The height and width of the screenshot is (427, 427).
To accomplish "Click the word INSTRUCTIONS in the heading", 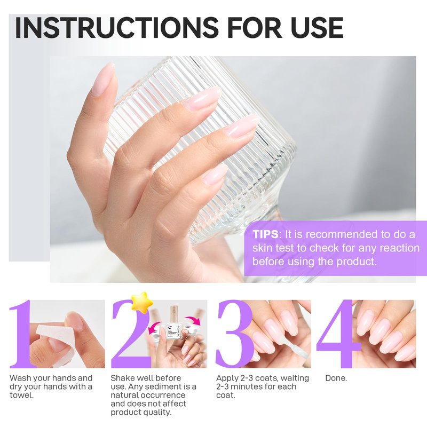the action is tap(116, 28).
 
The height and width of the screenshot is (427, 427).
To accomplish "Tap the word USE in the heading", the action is tap(317, 28).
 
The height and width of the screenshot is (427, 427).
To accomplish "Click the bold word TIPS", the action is tap(265, 234).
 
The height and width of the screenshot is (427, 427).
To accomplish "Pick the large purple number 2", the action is tap(131, 334).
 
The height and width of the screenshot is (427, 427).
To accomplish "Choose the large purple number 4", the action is tap(338, 334).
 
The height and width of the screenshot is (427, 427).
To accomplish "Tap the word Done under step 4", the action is tap(336, 378).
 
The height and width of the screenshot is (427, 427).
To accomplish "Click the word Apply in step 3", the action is tap(228, 378).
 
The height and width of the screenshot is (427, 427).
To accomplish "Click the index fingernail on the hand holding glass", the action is tap(202, 99).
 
